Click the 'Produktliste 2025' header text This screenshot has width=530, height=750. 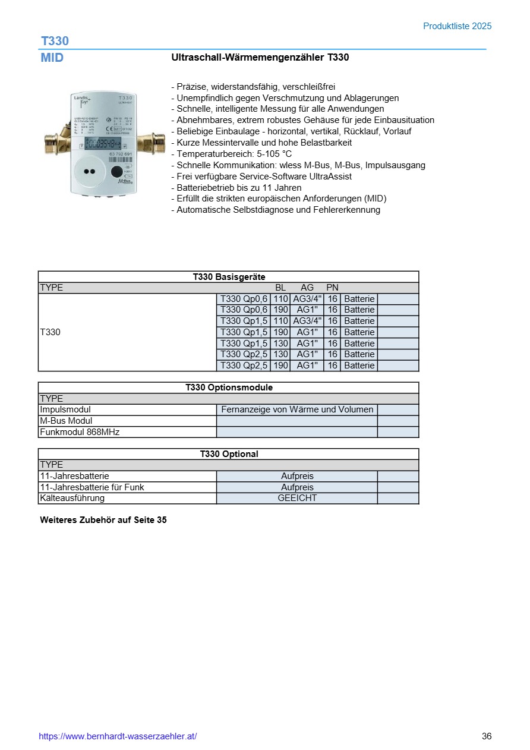457,26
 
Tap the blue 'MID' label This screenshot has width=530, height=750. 52,58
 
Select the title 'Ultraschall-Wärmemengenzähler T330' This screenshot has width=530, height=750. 260,58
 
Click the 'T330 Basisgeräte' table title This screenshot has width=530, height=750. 229,277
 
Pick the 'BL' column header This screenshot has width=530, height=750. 280,288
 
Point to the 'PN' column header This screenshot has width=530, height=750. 332,288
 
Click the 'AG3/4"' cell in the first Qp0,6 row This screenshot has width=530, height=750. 307,299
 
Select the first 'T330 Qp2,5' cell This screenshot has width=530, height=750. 244,355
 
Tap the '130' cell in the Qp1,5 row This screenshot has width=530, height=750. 280,344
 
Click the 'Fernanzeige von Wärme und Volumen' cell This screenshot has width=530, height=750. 297,409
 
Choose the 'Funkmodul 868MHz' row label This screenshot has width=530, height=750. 80,432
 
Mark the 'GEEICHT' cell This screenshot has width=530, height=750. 297,499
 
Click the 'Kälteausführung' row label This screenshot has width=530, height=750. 72,499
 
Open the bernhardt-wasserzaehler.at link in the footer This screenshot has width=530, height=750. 118,736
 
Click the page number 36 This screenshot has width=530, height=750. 487,736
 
